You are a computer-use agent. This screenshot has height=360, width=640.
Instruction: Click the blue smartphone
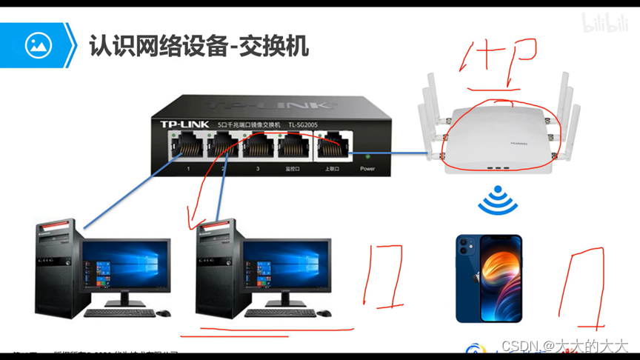tap(488, 279)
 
